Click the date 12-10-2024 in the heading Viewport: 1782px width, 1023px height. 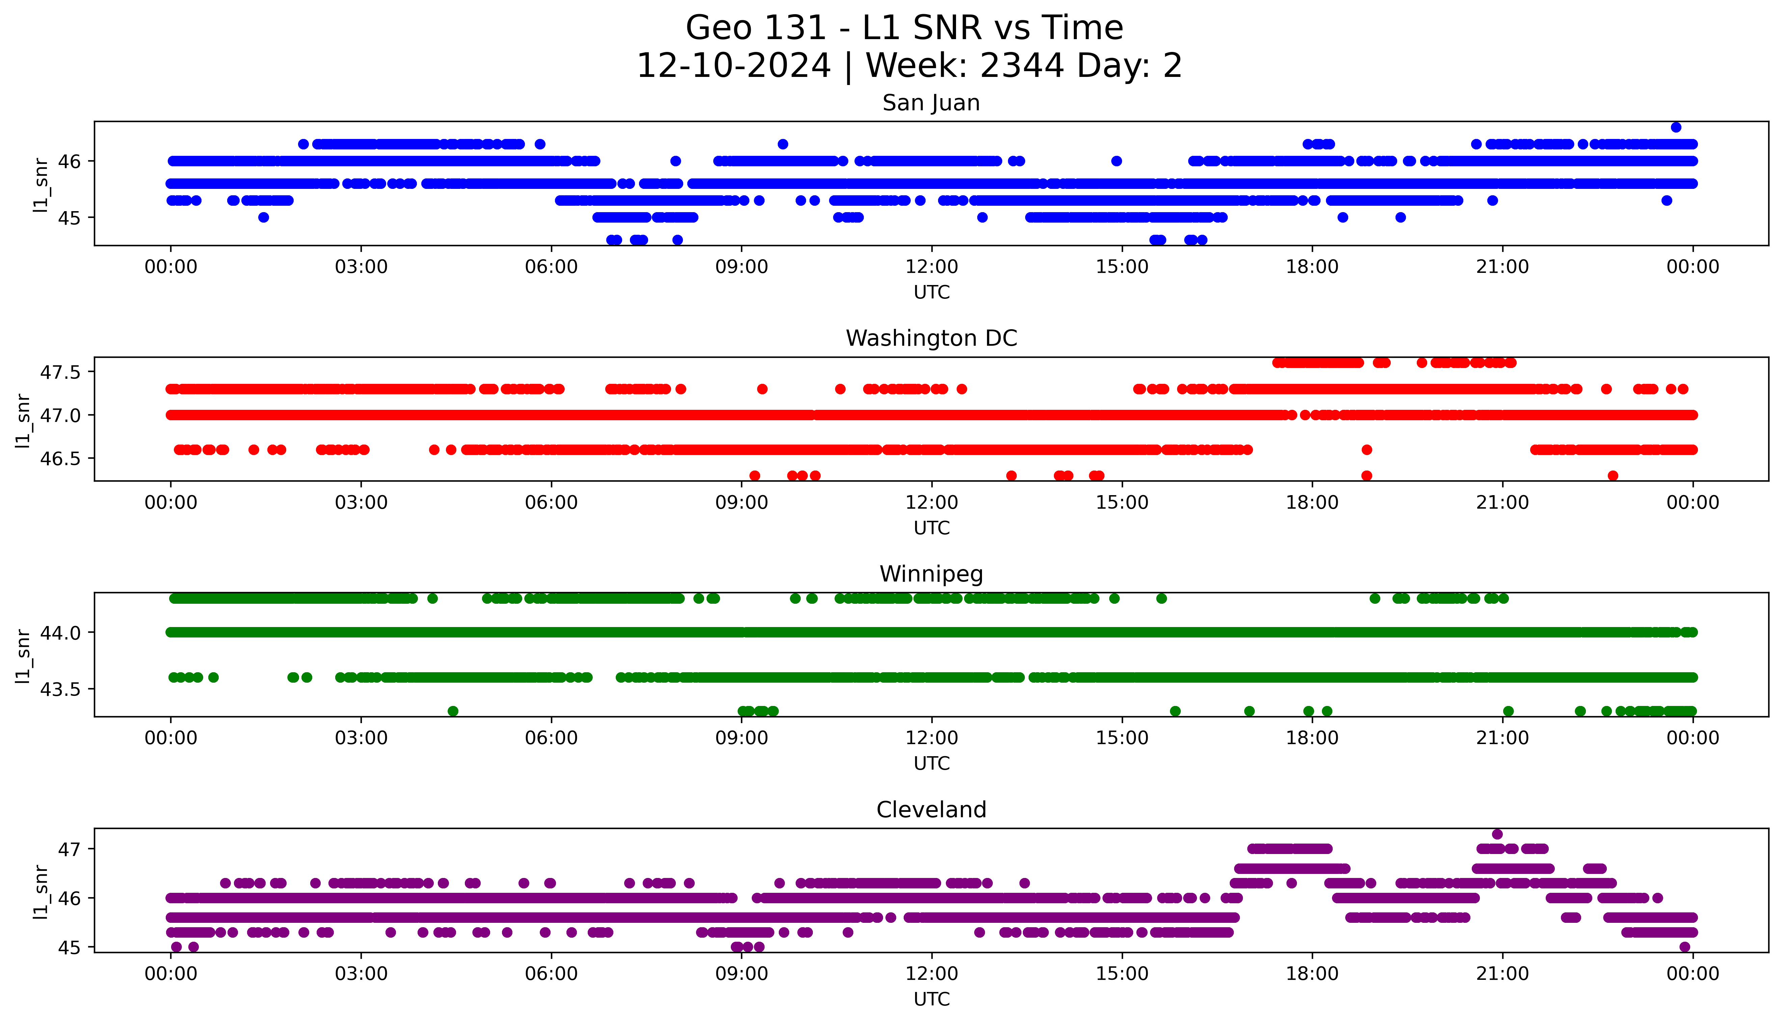pyautogui.click(x=733, y=66)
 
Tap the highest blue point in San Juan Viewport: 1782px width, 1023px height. pyautogui.click(x=1676, y=127)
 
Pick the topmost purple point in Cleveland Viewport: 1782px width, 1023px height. pyautogui.click(x=1497, y=834)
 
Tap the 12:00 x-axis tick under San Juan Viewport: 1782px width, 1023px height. pyautogui.click(x=931, y=267)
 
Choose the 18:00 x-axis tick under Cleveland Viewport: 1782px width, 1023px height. pyautogui.click(x=1312, y=974)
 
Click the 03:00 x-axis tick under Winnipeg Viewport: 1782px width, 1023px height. pyautogui.click(x=361, y=738)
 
